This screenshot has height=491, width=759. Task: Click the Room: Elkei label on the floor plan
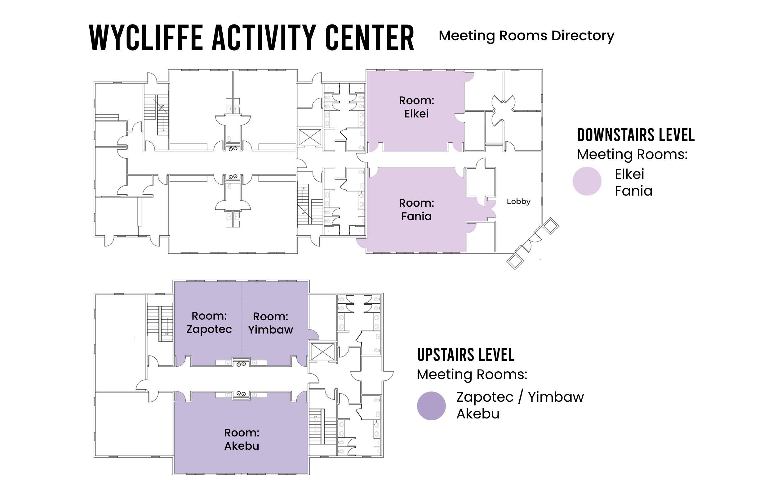[x=416, y=107]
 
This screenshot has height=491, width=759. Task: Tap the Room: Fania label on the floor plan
[x=416, y=210]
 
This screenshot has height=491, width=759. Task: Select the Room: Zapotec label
[x=209, y=322]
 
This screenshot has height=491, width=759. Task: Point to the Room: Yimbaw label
[x=270, y=323]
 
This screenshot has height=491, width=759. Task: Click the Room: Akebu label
[x=242, y=439]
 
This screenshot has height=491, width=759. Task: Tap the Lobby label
[x=518, y=201]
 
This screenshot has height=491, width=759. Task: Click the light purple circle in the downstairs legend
[x=587, y=181]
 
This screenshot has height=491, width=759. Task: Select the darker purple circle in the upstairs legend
[x=431, y=406]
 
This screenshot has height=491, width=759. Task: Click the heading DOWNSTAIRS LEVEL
[x=636, y=135]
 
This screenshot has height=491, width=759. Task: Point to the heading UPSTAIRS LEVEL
[x=466, y=355]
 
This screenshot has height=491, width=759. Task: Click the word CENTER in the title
[x=370, y=38]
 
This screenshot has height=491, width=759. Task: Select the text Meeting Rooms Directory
[x=526, y=36]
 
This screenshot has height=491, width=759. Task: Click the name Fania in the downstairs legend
[x=633, y=191]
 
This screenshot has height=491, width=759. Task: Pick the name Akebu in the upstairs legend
[x=478, y=414]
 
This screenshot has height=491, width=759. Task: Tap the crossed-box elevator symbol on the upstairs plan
[x=323, y=352]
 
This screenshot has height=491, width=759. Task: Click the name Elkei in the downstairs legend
[x=629, y=174]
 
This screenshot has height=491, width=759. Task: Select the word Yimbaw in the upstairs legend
[x=556, y=397]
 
